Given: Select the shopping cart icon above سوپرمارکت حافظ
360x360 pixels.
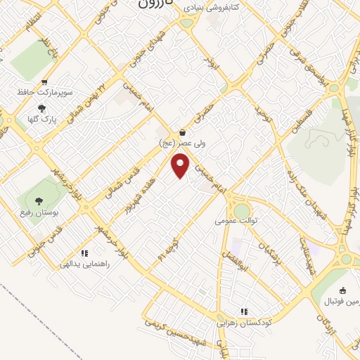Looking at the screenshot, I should (46, 82).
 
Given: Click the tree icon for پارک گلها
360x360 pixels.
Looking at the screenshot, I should (41, 108).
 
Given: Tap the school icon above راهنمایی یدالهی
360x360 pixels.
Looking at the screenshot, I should (84, 253).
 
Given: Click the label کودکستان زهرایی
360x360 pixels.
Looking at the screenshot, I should (243, 322).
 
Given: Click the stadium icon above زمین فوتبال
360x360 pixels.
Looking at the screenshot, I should (342, 290).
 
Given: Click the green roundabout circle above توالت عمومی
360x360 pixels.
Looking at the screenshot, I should (242, 210).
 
